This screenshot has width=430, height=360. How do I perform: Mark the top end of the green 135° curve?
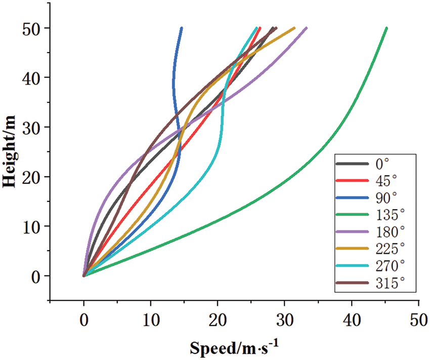coord(386,28)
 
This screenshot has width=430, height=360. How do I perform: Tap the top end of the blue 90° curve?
coord(181,28)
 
